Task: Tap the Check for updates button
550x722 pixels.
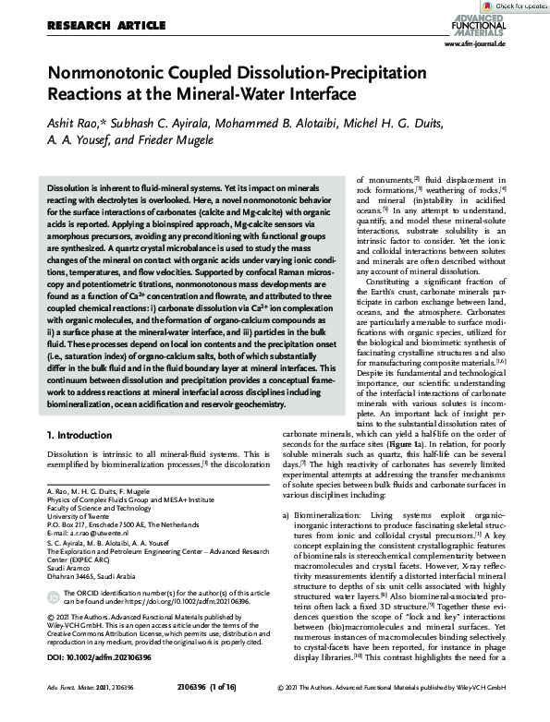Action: click(x=514, y=6)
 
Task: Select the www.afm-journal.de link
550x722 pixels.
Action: click(x=474, y=43)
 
